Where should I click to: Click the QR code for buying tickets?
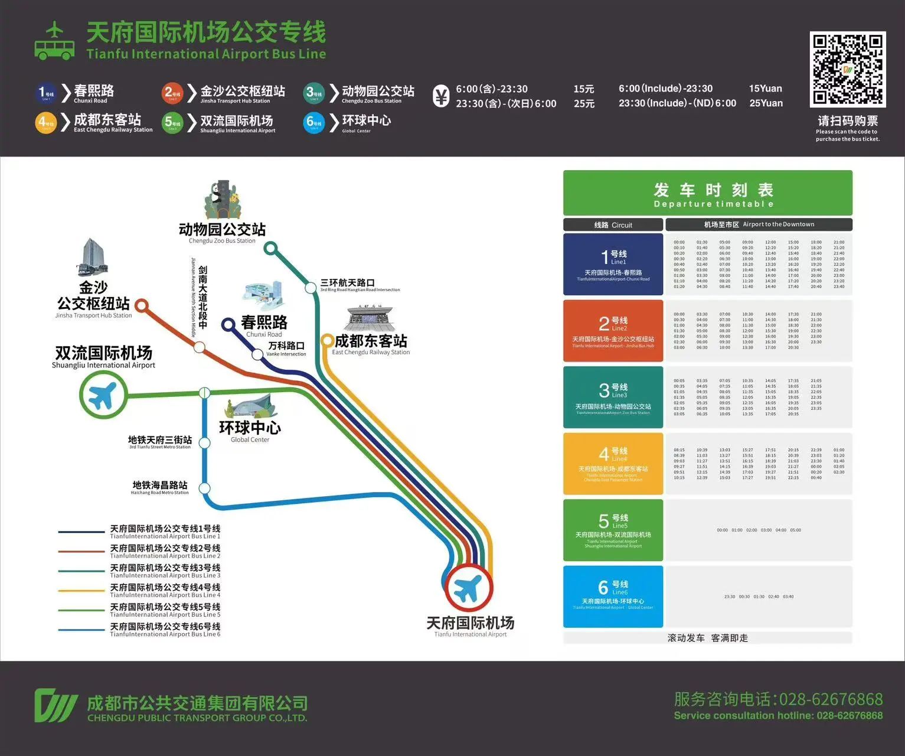pyautogui.click(x=848, y=69)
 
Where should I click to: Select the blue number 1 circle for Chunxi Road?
pyautogui.click(x=46, y=93)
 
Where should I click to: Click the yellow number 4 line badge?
pyautogui.click(x=46, y=123)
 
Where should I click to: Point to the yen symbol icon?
pyautogui.click(x=440, y=96)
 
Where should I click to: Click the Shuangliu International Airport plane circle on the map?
pyautogui.click(x=103, y=395)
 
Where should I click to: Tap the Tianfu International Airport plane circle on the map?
pyautogui.click(x=468, y=588)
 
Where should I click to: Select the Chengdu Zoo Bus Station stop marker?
pyautogui.click(x=270, y=248)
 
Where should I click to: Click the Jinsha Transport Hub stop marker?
pyautogui.click(x=141, y=305)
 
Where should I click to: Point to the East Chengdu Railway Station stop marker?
pyautogui.click(x=326, y=340)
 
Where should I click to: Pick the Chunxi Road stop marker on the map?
pyautogui.click(x=228, y=324)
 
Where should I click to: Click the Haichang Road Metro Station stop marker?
pyautogui.click(x=204, y=488)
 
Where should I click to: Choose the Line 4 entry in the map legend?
pyautogui.click(x=139, y=590)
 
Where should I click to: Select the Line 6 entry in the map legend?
pyautogui.click(x=139, y=630)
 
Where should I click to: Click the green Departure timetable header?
pyautogui.click(x=707, y=193)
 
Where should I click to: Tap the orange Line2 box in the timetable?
pyautogui.click(x=613, y=331)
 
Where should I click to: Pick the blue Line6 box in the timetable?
pyautogui.click(x=613, y=597)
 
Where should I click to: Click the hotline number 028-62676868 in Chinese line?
pyautogui.click(x=831, y=699)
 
